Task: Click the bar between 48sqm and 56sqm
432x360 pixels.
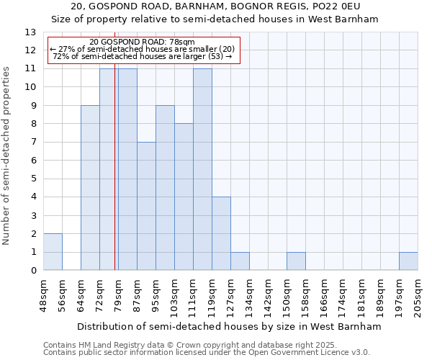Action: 53,252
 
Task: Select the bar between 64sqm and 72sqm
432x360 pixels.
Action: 90,188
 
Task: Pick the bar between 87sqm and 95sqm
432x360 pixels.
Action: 146,206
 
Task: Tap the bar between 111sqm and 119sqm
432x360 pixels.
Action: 202,169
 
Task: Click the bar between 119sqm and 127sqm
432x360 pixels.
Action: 221,233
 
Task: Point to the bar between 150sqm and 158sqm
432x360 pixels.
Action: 296,261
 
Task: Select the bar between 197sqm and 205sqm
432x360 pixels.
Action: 408,261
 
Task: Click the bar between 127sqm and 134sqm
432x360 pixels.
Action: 240,261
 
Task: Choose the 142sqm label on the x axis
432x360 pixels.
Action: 269,296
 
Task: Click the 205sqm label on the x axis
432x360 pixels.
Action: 418,296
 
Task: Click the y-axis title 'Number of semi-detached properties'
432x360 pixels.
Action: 6,156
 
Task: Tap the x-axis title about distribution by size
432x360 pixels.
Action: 228,327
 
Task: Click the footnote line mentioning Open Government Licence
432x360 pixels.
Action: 207,353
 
